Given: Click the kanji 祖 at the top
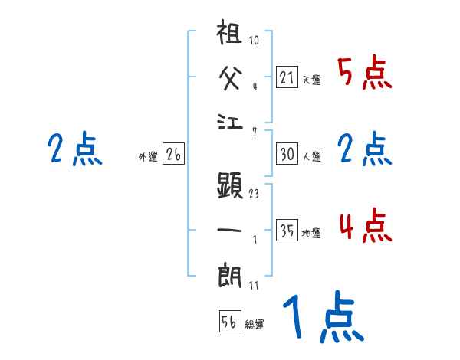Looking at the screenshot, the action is [x=231, y=37].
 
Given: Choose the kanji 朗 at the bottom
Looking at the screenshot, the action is [x=231, y=273].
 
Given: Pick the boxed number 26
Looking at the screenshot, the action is [x=173, y=155].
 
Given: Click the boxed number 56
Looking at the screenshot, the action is [x=228, y=322].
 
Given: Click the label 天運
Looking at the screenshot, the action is [x=311, y=80].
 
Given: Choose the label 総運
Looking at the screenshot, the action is [x=255, y=325].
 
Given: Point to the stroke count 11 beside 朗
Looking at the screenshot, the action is [x=254, y=286].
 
